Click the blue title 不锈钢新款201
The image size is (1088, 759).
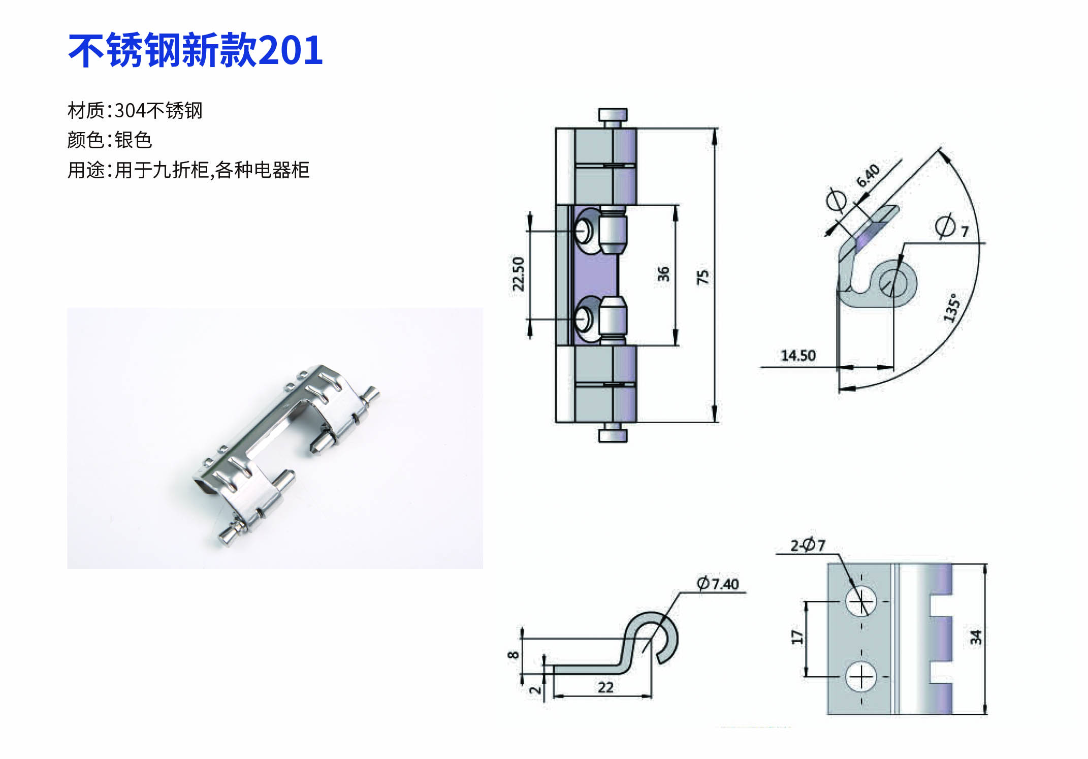(196, 50)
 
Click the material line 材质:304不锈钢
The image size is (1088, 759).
(135, 110)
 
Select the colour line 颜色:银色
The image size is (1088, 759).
(110, 140)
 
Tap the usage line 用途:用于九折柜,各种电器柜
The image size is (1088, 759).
(188, 170)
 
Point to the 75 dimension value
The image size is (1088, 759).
(702, 277)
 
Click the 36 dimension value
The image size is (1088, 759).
(663, 274)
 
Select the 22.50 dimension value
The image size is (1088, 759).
(518, 274)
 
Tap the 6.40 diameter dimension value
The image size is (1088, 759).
(868, 175)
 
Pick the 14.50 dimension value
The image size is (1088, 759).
(798, 356)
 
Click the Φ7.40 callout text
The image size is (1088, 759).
(718, 584)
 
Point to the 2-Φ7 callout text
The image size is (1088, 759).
(808, 545)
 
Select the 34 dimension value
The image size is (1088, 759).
(976, 637)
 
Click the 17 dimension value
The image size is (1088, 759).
(797, 637)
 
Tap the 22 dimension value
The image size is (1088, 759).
(605, 687)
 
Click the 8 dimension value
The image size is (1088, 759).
(514, 655)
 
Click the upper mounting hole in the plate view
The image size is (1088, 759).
(861, 601)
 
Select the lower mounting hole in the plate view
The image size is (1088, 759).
(861, 677)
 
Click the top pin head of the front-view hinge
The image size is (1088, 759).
(613, 115)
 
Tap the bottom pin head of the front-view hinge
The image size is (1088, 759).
(613, 435)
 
